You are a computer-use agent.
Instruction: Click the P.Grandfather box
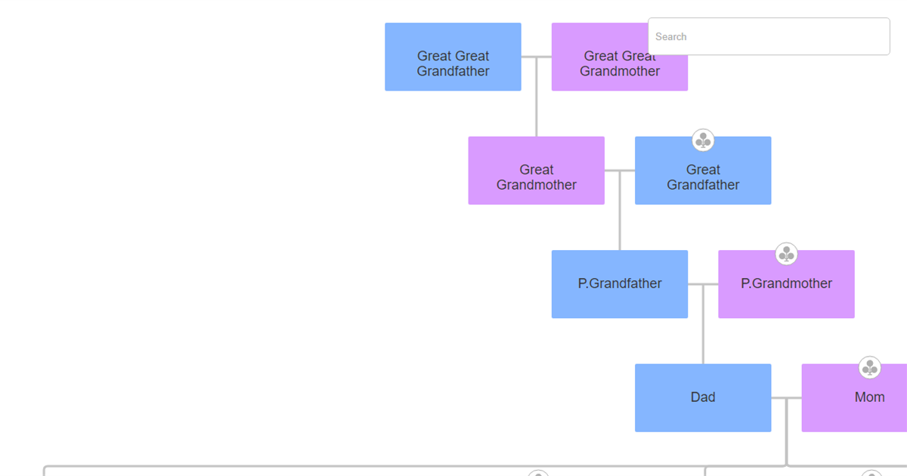(x=619, y=283)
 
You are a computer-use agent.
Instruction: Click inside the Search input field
(x=769, y=36)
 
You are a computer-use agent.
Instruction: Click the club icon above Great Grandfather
(x=703, y=140)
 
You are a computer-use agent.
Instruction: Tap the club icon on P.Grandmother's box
(x=786, y=254)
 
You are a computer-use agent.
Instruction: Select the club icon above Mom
(x=869, y=368)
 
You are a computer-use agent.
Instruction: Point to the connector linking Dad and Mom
(x=786, y=397)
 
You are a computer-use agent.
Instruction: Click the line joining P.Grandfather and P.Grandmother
(x=703, y=284)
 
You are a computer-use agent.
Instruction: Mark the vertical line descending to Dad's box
(x=703, y=332)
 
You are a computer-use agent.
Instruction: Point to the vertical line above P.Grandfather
(x=620, y=219)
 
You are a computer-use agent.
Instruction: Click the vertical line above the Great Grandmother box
(x=537, y=106)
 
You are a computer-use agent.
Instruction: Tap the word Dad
(x=703, y=397)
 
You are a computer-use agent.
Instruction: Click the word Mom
(x=869, y=397)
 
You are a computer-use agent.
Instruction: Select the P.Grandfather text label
(x=620, y=283)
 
